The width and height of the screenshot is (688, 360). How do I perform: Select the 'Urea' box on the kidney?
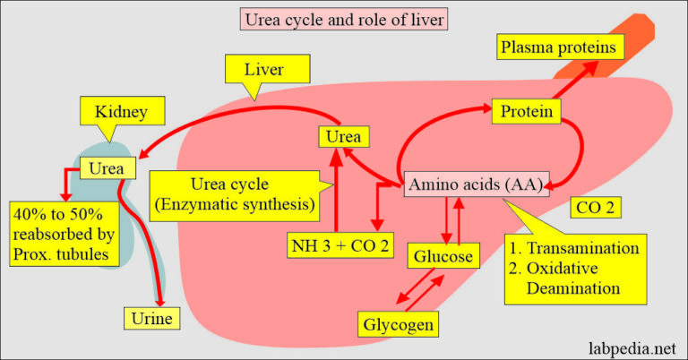(107, 167)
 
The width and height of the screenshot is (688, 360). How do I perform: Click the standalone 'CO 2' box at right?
(594, 210)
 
